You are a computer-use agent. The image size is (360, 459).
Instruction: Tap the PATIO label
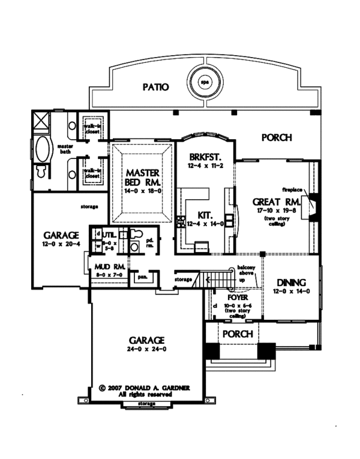click(x=155, y=87)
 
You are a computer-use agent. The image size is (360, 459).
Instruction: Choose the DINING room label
click(x=292, y=283)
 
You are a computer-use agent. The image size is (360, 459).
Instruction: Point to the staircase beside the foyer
click(x=214, y=279)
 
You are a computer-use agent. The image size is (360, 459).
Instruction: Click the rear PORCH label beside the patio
click(x=277, y=137)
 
